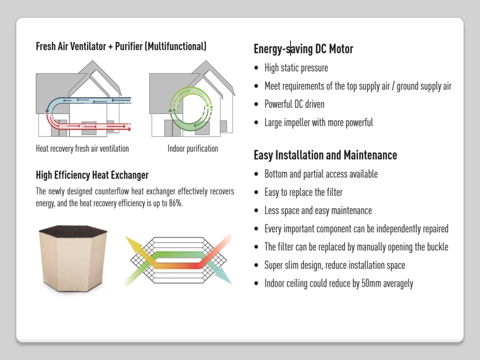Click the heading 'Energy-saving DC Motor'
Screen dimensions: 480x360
coord(303,49)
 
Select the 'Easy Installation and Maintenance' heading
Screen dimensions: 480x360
coord(325,155)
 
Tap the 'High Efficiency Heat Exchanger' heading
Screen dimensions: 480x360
coord(92,175)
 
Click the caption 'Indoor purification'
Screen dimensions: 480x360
coord(193,149)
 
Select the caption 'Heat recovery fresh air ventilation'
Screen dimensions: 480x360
coord(82,149)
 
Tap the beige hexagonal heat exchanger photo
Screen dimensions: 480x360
coord(73,258)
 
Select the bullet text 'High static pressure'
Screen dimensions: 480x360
coord(296,67)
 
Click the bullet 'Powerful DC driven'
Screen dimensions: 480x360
coord(294,104)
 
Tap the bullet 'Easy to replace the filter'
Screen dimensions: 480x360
coord(303,192)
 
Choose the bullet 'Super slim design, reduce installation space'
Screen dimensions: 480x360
coord(335,265)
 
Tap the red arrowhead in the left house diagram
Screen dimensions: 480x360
coord(129,129)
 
